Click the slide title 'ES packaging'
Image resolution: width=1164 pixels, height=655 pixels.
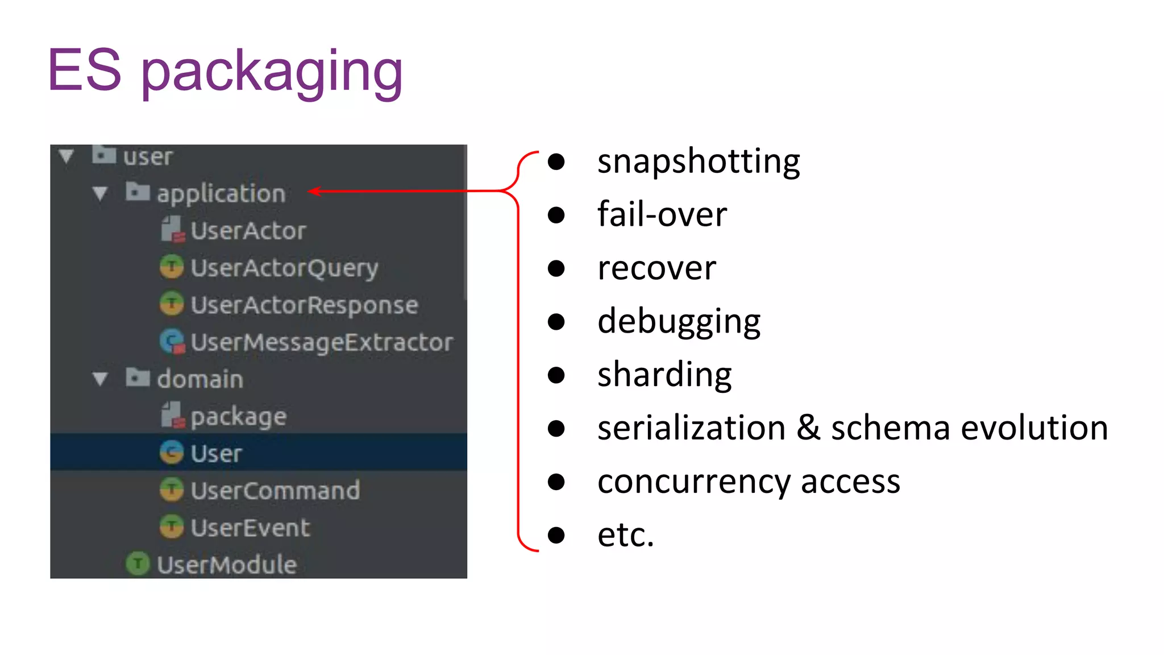coord(225,71)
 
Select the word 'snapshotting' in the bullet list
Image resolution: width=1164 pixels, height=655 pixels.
coord(698,161)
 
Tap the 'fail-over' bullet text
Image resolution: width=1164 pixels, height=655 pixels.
coord(662,215)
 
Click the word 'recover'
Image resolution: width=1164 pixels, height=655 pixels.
coord(656,268)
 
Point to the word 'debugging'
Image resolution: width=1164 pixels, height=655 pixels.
coord(679,322)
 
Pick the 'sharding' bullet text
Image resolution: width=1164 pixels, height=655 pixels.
coord(664,375)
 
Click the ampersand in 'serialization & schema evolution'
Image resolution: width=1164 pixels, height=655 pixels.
coord(808,428)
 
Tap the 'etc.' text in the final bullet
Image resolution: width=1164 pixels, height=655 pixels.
coord(625,535)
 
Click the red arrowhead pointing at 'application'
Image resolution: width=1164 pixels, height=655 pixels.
coord(314,191)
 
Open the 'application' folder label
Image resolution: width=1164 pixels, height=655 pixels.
coord(221,194)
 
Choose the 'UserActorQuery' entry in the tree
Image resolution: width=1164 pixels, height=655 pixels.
coord(284,268)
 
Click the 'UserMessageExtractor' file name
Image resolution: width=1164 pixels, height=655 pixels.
coord(322,342)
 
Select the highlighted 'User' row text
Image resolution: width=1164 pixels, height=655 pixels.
coord(216,454)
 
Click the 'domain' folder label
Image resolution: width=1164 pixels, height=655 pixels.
coord(200,379)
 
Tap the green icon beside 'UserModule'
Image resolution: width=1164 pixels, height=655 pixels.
coord(138,563)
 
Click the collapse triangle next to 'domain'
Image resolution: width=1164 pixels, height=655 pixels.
coord(101,379)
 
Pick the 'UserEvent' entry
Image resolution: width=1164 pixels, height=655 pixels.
coord(250,528)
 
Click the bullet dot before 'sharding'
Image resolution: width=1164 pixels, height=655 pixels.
coord(556,375)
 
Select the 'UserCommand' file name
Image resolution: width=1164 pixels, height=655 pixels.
coord(275,491)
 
